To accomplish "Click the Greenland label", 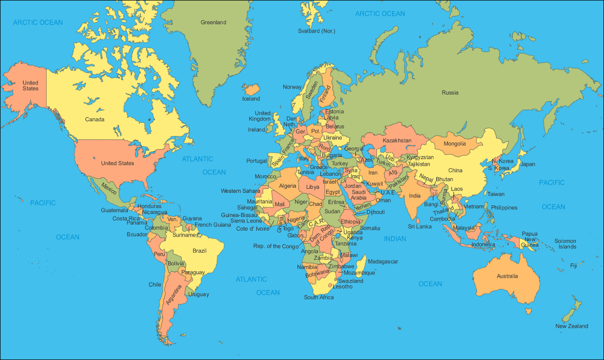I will pos(213,23).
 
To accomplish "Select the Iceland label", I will pos(251,99).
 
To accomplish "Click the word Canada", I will pos(95,120).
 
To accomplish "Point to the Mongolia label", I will pos(455,144).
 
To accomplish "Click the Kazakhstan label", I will pos(397,140).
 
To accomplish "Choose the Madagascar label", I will pos(383,262).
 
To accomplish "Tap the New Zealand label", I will pos(571,326).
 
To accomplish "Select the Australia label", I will pos(507,276).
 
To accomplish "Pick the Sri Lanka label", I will pos(420,227).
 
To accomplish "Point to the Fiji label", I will pos(573,265).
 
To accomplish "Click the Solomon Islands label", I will pos(565,244).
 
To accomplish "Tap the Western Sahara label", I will pos(241,191).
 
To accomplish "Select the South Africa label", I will pos(319,298).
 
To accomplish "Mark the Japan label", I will pos(527,164).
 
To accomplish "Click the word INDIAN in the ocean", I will pos(395,239).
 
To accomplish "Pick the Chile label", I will pos(155,285).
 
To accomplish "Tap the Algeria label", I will pos(287,186).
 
